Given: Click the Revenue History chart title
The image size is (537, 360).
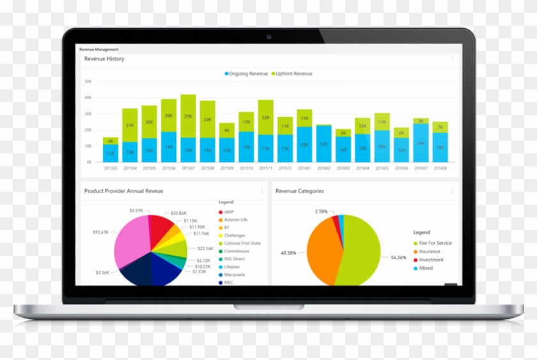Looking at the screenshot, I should [104, 59].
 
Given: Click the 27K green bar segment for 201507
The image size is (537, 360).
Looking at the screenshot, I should [188, 116].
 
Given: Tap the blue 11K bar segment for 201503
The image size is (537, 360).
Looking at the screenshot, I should [111, 153].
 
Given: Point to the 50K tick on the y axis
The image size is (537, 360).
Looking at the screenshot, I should [88, 82].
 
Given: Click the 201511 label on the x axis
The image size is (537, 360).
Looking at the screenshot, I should [265, 168].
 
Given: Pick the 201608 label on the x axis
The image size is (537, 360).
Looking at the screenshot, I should [440, 168].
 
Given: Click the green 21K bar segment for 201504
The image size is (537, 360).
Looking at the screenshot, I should [130, 125].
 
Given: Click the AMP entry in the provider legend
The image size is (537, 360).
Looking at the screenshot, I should [229, 212].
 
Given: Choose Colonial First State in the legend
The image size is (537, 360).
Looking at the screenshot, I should [242, 243].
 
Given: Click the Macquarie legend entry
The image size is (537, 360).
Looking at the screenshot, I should [235, 274].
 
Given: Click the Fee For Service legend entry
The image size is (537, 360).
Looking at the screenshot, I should [435, 243].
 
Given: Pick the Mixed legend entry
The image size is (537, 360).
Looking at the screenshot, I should [426, 268].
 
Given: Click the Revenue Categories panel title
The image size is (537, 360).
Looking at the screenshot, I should [299, 191].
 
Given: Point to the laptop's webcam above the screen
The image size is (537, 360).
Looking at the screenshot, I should [268, 36].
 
